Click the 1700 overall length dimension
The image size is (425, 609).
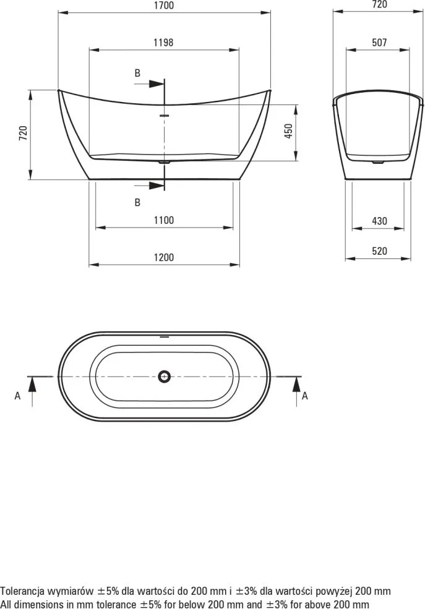[163, 6]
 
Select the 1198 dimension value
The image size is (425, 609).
[163, 43]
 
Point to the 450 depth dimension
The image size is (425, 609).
[288, 132]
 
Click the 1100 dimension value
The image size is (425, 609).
[164, 220]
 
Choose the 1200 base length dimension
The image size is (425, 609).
[164, 258]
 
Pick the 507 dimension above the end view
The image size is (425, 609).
[379, 43]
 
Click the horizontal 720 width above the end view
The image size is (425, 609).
[379, 5]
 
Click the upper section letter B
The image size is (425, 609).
[137, 73]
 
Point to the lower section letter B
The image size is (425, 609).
[137, 202]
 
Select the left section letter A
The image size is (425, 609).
[17, 396]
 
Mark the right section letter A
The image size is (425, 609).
[304, 396]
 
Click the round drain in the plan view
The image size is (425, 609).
[164, 375]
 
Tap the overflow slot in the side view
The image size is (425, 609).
[164, 114]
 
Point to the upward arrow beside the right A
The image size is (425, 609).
[296, 385]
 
